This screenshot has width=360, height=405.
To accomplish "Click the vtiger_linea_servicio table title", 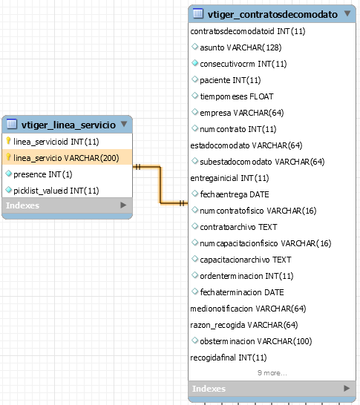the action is point(68,125).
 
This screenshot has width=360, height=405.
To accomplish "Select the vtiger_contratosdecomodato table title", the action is point(272,15).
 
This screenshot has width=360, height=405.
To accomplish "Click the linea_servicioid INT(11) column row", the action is point(56,142).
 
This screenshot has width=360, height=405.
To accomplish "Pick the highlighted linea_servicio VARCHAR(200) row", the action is point(66,158).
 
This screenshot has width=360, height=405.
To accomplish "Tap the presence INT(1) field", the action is point(42,174).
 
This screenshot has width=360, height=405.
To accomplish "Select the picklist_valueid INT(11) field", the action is point(56,191).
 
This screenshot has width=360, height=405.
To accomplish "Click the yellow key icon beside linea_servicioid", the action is point(8,141).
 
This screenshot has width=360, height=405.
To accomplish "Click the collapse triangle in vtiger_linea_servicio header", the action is point(124,124).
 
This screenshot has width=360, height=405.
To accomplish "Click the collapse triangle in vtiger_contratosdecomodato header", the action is point(347,13).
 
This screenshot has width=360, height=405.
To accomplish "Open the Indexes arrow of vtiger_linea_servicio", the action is point(123,205).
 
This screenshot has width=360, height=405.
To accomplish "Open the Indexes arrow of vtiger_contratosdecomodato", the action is point(347,388).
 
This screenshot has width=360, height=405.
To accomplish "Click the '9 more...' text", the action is point(272,373).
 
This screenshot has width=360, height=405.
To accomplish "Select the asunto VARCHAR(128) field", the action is point(240,47).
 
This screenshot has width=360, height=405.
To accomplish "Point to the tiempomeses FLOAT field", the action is point(237,96).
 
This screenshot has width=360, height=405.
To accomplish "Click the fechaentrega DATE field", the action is point(235,194).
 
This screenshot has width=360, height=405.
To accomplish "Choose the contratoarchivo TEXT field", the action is point(238,227).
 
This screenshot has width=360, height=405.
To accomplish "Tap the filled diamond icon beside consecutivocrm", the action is point(195,63).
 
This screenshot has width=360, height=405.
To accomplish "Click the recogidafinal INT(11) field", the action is point(229,358).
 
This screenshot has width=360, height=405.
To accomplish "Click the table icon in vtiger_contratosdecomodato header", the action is point(198,13).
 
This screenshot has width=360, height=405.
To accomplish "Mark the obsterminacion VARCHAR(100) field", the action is point(256,341).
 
